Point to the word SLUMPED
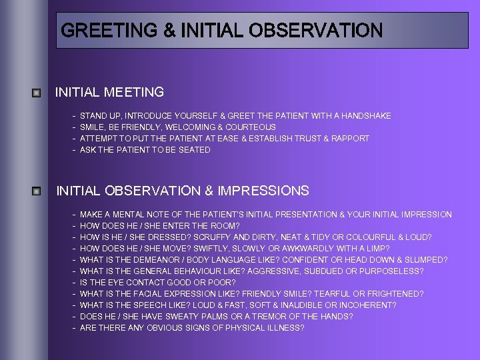[x=427, y=260]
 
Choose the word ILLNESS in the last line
[x=283, y=328]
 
